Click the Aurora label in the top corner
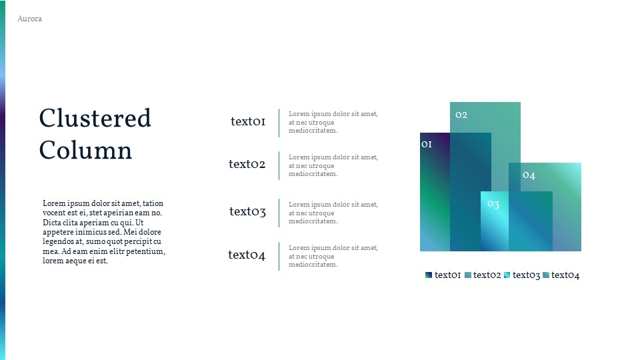point(29,19)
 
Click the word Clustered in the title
point(95,119)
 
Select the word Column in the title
point(85,150)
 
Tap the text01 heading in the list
point(248,121)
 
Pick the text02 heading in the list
point(247,164)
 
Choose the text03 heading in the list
point(247,212)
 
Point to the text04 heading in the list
point(247,255)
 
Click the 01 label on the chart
point(427,144)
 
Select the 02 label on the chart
point(461,115)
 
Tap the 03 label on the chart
point(493,204)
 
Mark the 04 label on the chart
point(529,175)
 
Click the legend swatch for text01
point(429,275)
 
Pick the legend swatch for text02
point(468,275)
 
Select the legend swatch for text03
point(507,275)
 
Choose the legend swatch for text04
point(546,275)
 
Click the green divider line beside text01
point(279,123)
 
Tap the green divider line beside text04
point(279,256)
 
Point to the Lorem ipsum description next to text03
point(333,213)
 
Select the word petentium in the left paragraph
point(144,251)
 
